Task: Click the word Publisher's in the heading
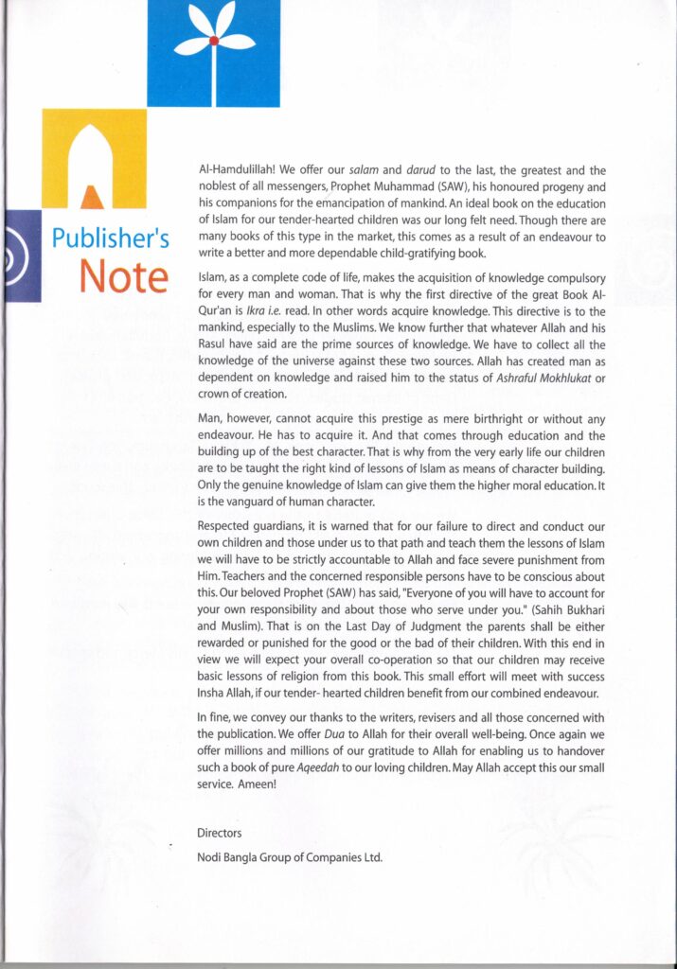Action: pyautogui.click(x=111, y=237)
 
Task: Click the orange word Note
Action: pyautogui.click(x=124, y=275)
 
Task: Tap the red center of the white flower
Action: pyautogui.click(x=214, y=41)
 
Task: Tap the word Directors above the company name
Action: pyautogui.click(x=220, y=833)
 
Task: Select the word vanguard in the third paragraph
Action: pyautogui.click(x=258, y=502)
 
